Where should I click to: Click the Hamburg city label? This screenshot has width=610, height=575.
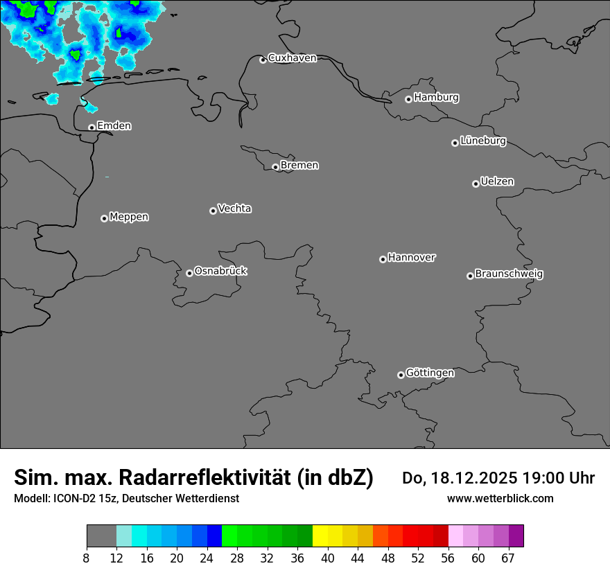click(436, 98)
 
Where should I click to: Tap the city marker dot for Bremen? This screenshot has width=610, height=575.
click(275, 167)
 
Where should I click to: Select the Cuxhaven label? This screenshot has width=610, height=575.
click(292, 58)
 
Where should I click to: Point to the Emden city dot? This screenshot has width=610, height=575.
click(91, 127)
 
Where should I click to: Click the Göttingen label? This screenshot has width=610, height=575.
click(430, 373)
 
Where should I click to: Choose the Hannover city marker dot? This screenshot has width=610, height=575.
click(383, 259)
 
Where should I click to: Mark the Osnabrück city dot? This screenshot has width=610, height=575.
click(189, 273)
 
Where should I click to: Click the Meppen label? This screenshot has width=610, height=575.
click(129, 217)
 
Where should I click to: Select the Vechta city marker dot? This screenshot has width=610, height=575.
click(213, 211)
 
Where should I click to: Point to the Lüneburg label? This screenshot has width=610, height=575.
click(483, 141)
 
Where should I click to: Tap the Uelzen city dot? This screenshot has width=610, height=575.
click(476, 184)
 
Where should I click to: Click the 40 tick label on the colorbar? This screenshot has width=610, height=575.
click(328, 558)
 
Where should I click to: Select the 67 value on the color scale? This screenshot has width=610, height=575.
click(508, 558)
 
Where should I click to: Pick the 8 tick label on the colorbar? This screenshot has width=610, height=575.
click(86, 558)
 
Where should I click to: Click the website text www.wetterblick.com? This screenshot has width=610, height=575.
click(500, 498)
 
